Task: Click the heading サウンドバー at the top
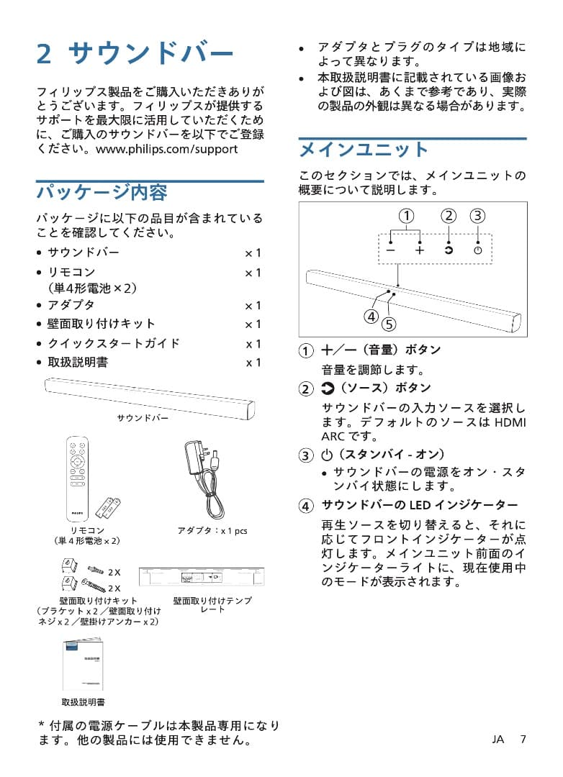coord(152,53)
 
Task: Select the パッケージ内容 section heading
coord(102,192)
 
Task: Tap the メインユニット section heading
coord(364,150)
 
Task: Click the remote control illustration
coord(74,478)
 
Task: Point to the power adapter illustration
coord(206,475)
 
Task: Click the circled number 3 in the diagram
coord(477,216)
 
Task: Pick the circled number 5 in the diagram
coord(389,324)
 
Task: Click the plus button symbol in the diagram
coord(420,250)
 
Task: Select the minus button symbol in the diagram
coord(390,250)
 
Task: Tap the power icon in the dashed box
coord(477,250)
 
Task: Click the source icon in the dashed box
coord(449,250)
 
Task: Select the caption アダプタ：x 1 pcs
coord(212,531)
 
